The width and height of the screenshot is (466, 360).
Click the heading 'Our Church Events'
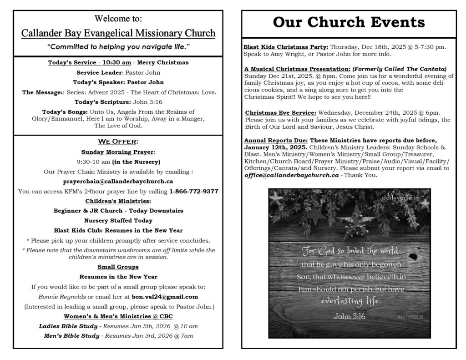(x=349, y=22)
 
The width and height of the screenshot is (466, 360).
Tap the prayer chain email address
(x=118, y=182)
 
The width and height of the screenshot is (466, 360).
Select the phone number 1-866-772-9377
(x=193, y=191)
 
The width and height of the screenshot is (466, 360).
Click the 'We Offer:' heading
(x=118, y=141)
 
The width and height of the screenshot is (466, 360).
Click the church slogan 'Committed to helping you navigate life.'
(x=118, y=47)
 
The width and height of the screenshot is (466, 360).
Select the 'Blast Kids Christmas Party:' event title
(x=286, y=47)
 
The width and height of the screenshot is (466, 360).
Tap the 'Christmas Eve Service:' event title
(x=280, y=113)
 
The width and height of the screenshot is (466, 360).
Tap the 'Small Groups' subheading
(x=118, y=267)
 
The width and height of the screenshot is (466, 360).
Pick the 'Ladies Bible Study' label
(x=68, y=326)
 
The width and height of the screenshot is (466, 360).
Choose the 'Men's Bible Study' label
(x=70, y=336)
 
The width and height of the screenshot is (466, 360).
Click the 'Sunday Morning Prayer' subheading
(x=117, y=152)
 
